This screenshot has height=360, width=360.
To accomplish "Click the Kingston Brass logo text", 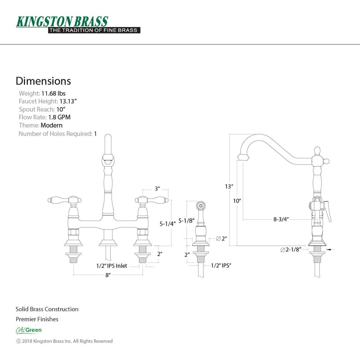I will pyautogui.click(x=62, y=22).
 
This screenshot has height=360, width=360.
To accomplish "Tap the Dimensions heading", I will pyautogui.click(x=43, y=81).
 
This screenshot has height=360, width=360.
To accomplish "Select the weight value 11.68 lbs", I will pyautogui.click(x=53, y=93).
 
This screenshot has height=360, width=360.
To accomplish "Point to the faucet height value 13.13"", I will pyautogui.click(x=68, y=101).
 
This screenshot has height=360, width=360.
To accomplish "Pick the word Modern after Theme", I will pyautogui.click(x=51, y=125).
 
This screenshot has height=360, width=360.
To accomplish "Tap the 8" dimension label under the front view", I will pyautogui.click(x=108, y=275).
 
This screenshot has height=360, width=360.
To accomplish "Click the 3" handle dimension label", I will pyautogui.click(x=157, y=189).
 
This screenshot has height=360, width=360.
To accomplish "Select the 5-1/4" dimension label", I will pyautogui.click(x=168, y=224).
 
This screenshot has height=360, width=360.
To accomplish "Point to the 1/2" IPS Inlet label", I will pyautogui.click(x=112, y=266).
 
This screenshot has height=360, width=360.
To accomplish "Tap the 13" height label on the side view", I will pyautogui.click(x=229, y=186).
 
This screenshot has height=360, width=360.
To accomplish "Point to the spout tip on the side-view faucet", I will pyautogui.click(x=243, y=157).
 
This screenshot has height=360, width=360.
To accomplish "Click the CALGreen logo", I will pyautogui.click(x=29, y=330).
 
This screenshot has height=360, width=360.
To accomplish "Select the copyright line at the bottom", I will pyautogui.click(x=64, y=341).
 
